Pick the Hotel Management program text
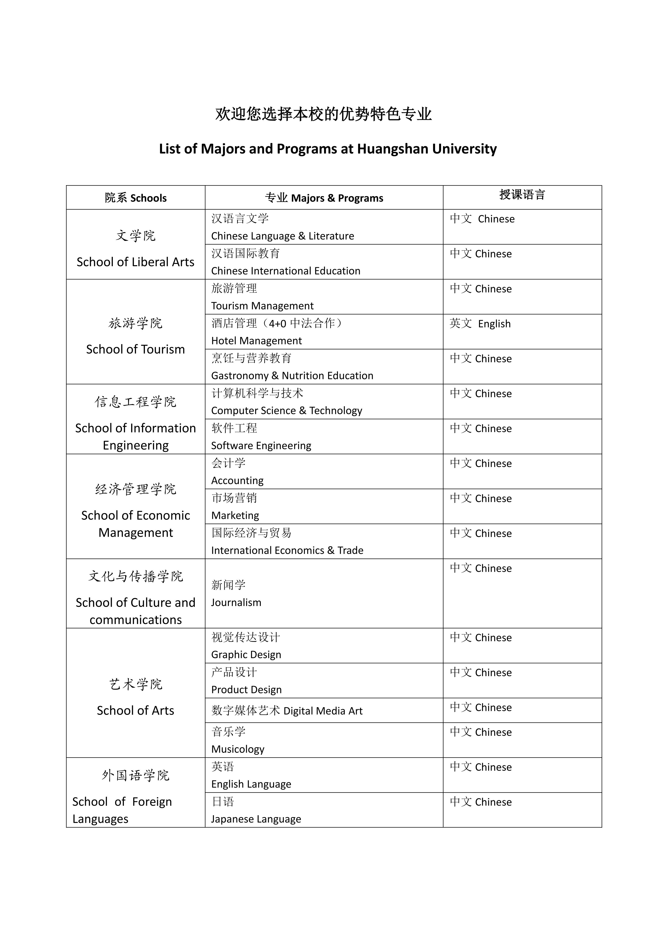(256, 341)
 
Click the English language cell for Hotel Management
(480, 324)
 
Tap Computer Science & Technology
(286, 411)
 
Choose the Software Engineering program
(261, 445)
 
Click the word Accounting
(237, 481)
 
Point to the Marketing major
(235, 515)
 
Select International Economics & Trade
(287, 550)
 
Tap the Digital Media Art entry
(323, 711)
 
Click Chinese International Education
(285, 271)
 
